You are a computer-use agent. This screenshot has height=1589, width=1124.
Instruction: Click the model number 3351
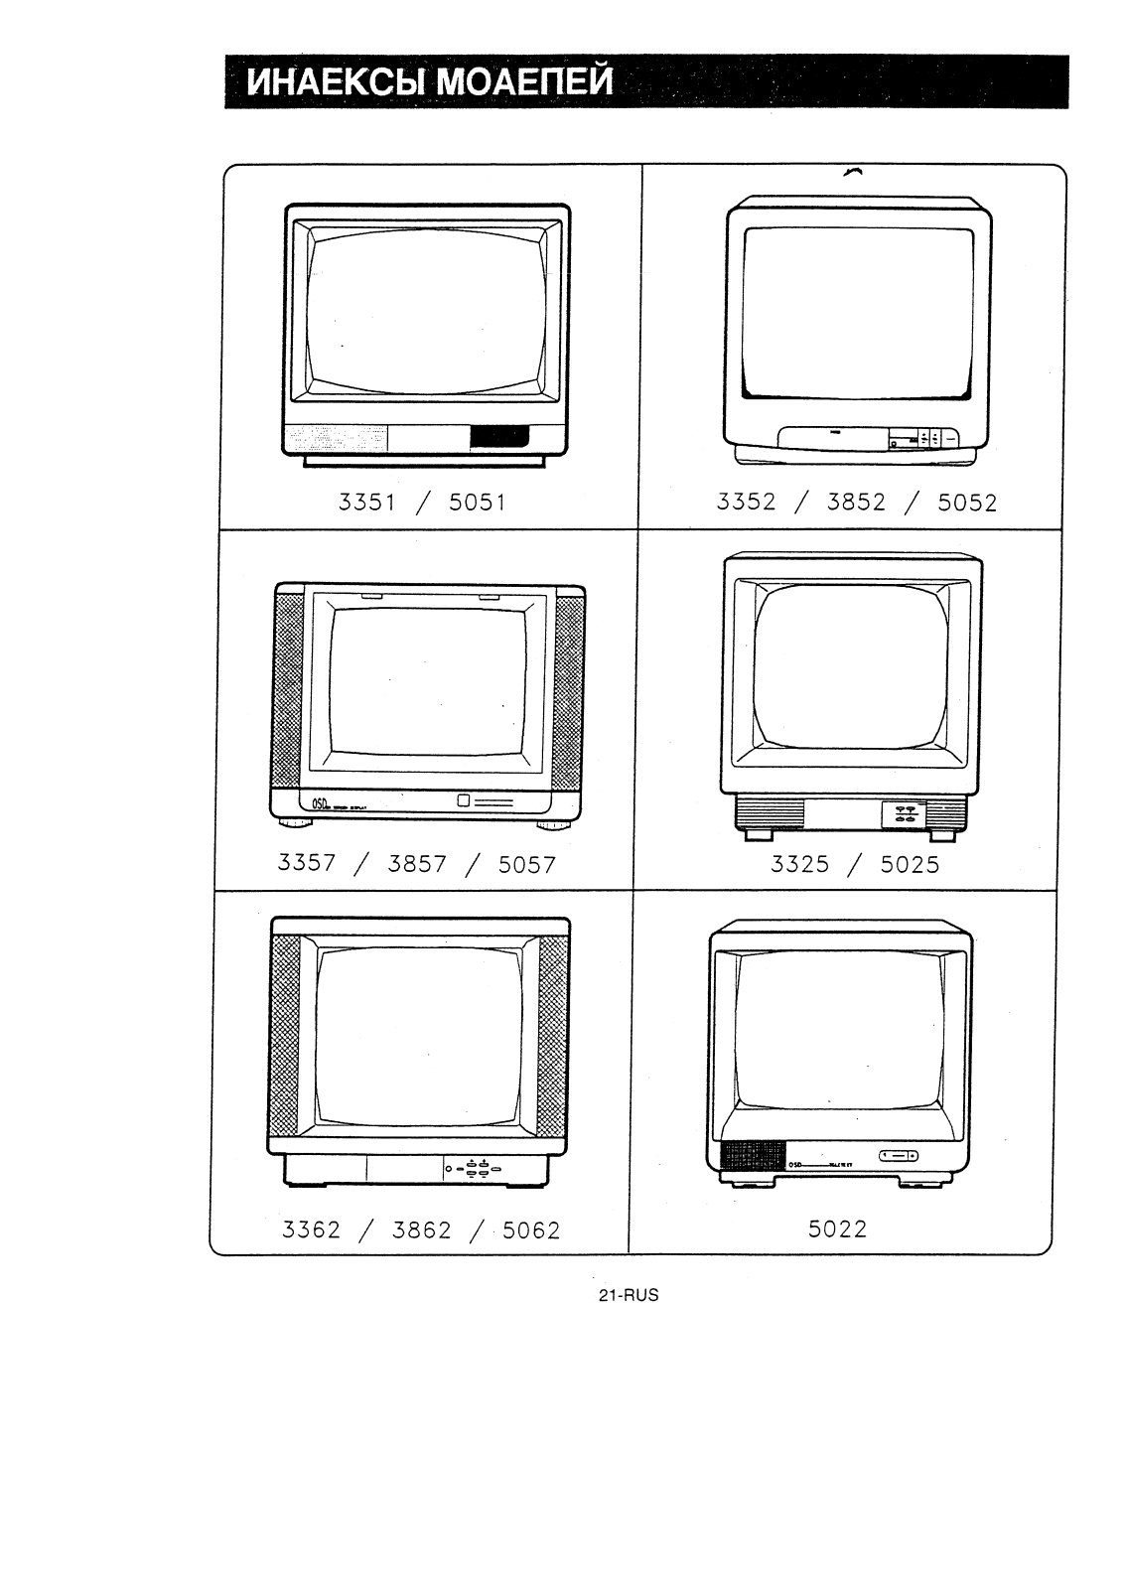tap(366, 503)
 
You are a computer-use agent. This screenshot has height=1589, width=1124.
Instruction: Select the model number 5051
tap(478, 503)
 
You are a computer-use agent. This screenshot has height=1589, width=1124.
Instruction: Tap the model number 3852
tap(856, 503)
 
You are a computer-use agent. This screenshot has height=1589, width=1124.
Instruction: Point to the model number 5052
tap(967, 504)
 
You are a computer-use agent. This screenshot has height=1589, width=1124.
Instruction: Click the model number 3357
tap(307, 863)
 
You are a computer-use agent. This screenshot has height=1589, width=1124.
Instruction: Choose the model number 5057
tap(527, 865)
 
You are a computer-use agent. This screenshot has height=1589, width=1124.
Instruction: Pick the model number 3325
tap(799, 864)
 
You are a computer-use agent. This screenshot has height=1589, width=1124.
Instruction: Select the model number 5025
tap(910, 865)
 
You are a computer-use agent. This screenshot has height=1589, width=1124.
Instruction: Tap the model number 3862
tap(421, 1230)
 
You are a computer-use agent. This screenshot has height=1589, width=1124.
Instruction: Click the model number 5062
tap(531, 1231)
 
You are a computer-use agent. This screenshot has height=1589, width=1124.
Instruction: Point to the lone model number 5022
tap(837, 1229)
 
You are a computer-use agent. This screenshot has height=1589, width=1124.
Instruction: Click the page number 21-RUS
tap(629, 1295)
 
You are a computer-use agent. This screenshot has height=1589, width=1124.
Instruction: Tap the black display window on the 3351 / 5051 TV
tap(498, 437)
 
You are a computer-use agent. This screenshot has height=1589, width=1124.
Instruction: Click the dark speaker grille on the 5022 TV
tap(752, 1156)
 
